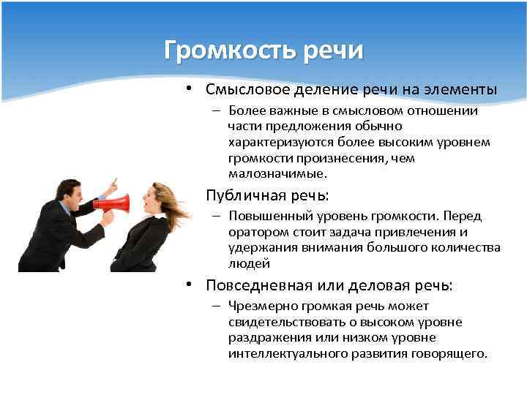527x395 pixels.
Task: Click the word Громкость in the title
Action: pos(228,50)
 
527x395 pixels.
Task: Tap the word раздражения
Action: pos(267,338)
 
